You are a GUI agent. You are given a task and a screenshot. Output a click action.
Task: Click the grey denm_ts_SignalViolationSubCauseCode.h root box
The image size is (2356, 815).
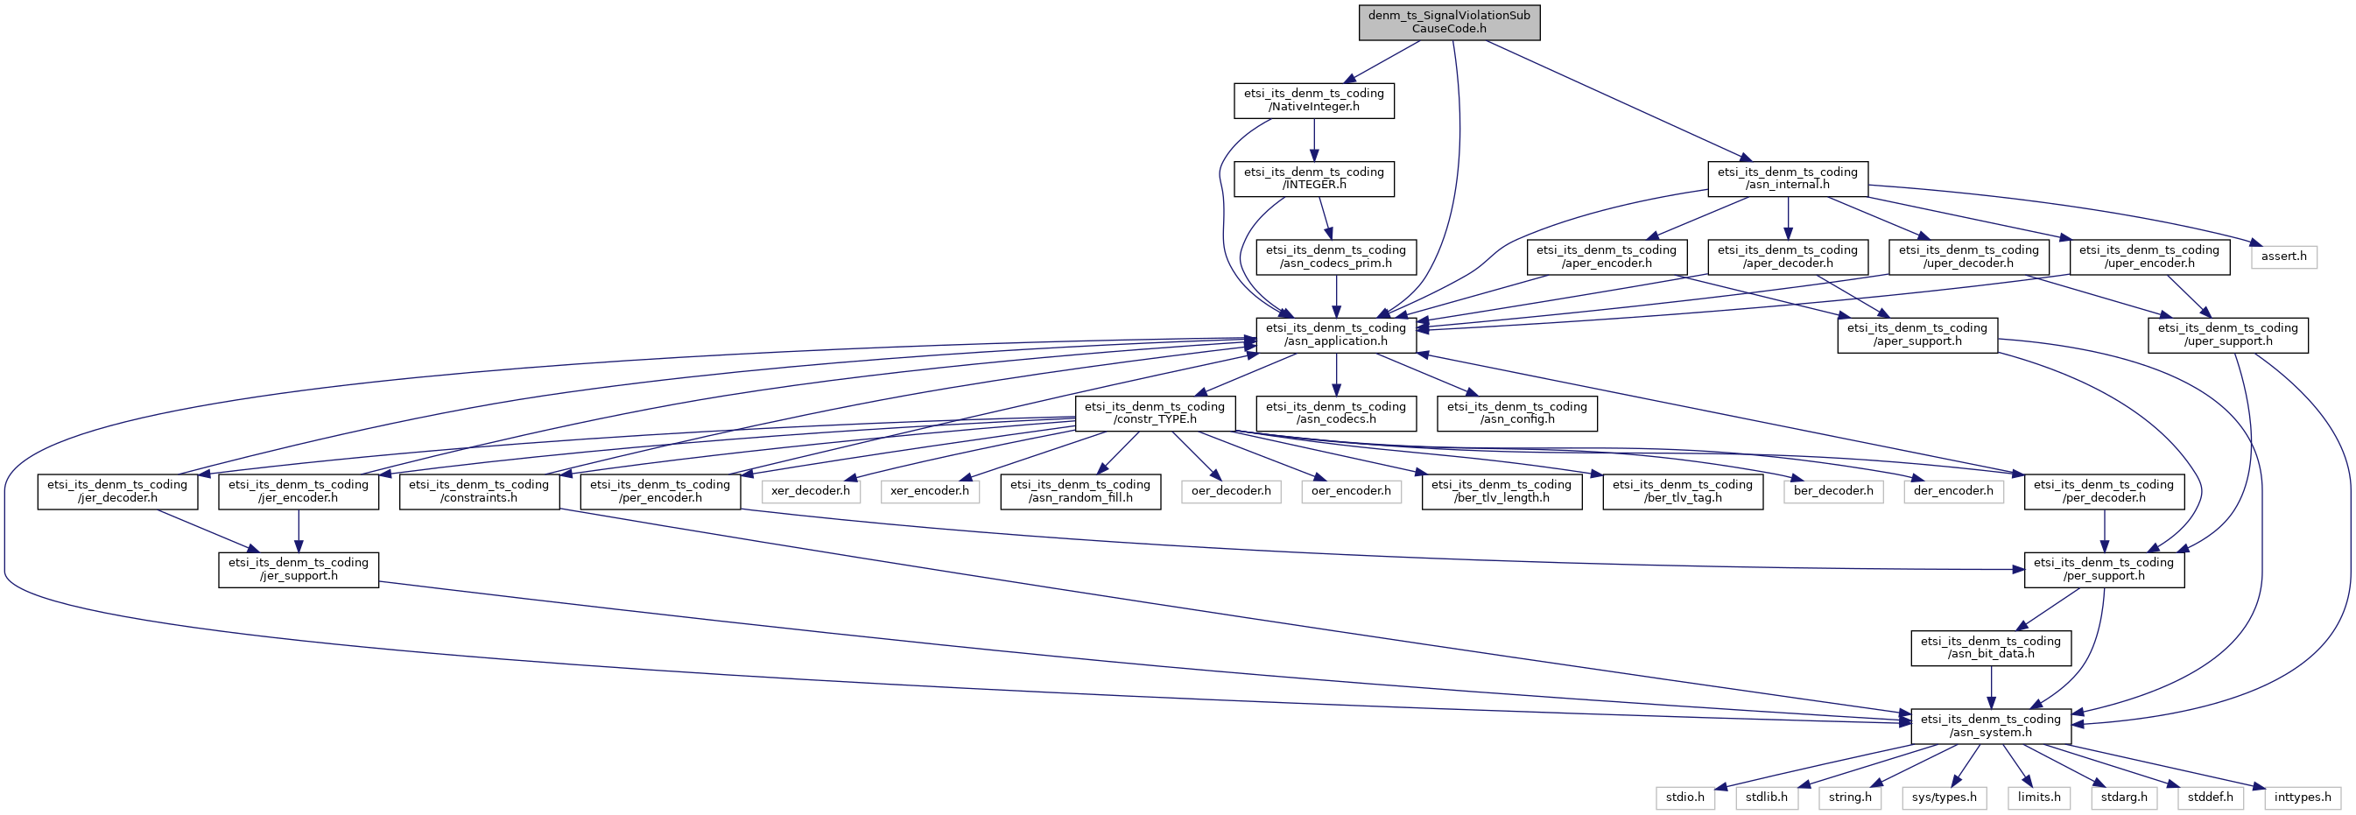coord(1449,22)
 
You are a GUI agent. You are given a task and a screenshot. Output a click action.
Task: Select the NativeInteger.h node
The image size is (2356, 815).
coord(1313,100)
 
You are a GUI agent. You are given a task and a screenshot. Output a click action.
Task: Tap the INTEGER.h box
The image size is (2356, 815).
coord(1313,179)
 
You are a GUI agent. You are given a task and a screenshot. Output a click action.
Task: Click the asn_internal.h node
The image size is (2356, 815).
coord(1787,179)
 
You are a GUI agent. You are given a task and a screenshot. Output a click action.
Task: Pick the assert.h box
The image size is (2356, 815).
coord(2283,256)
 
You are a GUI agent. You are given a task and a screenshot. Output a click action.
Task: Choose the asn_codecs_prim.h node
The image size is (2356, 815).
coord(1335,256)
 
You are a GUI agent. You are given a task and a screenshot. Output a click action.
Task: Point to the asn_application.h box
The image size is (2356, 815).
coord(1335,334)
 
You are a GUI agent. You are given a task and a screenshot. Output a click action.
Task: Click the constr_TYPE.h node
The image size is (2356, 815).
coord(1154,412)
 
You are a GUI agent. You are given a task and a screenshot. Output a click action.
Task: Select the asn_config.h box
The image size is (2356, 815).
coord(1516,412)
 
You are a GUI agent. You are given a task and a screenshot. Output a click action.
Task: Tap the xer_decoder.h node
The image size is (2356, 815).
coord(811,491)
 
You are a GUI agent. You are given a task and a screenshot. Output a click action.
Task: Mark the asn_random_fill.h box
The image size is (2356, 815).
coord(1080,491)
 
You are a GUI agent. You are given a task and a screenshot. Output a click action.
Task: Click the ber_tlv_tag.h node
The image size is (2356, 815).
coord(1682,491)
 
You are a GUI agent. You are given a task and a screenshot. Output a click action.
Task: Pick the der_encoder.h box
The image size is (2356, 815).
coord(1952,491)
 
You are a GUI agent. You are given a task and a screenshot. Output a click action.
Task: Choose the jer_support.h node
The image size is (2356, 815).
coord(299,569)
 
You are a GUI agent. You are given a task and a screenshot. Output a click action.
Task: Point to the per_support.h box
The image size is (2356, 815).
coord(2104,569)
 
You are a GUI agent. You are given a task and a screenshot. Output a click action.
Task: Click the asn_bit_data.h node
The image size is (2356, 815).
coord(1990,648)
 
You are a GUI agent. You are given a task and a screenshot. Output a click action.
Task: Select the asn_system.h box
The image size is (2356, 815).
coord(1990,726)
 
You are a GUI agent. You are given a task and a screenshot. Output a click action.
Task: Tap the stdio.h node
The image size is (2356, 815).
coord(1684,797)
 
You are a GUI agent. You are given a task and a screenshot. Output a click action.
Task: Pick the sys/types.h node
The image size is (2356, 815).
coord(1944,797)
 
